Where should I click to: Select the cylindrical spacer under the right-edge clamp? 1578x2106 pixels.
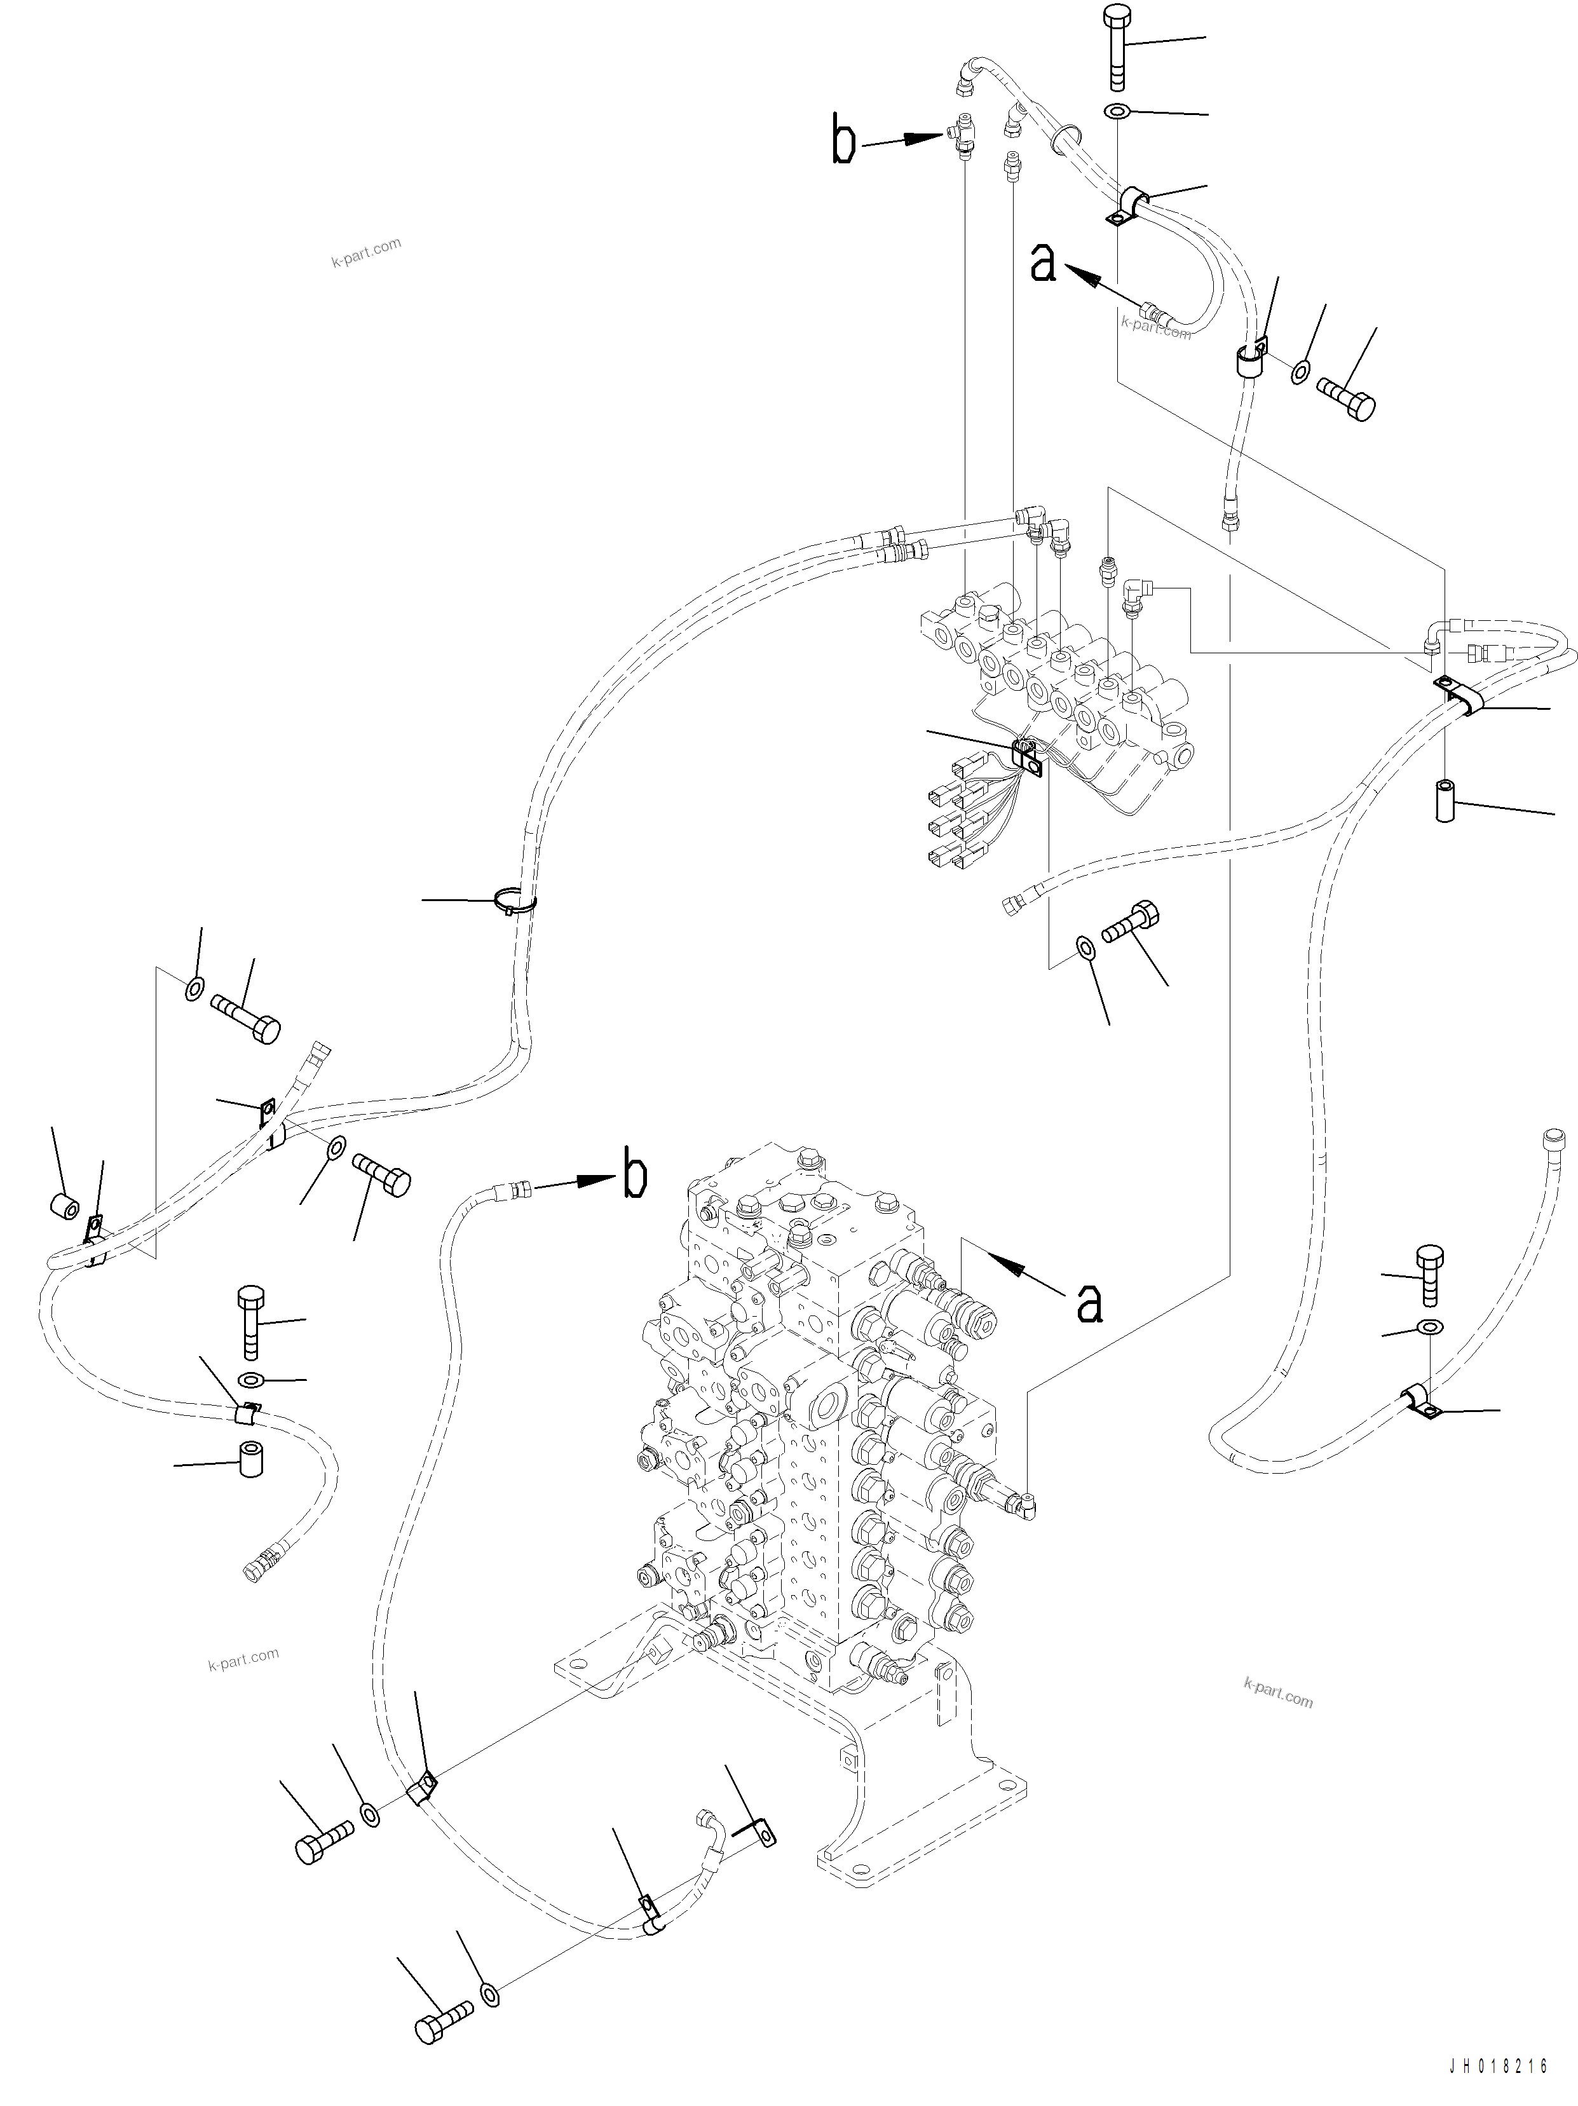coord(1446,801)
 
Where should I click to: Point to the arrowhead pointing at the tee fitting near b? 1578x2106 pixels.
coord(924,138)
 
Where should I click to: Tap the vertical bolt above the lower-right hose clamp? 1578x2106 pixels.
coord(1429,1275)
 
